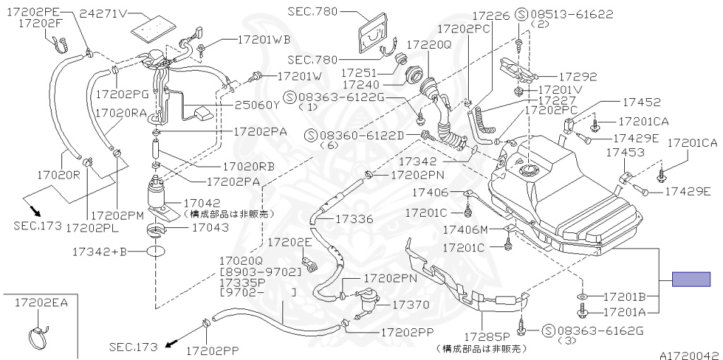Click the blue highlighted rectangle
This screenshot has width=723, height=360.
coord(691,279)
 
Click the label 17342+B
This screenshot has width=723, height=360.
coord(99,251)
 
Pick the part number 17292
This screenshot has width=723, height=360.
coord(578,77)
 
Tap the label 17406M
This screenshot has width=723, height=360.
coord(465,229)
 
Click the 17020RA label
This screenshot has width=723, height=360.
coord(121,112)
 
